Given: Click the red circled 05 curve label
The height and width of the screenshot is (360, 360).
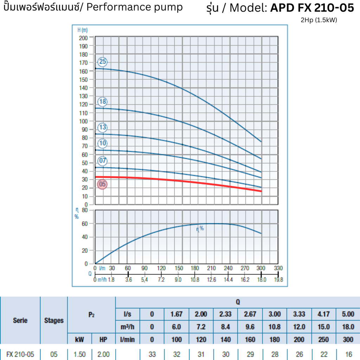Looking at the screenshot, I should coord(102,184).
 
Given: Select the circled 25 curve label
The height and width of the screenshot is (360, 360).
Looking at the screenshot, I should coord(102,62).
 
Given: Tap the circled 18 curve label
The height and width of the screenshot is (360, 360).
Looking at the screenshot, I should coord(102,102).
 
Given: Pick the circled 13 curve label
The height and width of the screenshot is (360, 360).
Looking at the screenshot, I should coord(102,127).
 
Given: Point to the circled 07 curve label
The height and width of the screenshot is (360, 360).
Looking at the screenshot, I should coord(102,161).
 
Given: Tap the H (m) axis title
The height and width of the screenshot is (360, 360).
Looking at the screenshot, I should coord(82,30).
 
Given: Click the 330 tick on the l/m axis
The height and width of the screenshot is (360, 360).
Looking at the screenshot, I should coord(278,268).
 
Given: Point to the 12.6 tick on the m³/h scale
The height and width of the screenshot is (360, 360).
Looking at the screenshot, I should coord(211,280).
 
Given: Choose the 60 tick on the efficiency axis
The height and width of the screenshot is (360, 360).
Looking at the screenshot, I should coord(85,224).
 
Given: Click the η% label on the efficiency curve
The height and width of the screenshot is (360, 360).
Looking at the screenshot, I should coord(200,229).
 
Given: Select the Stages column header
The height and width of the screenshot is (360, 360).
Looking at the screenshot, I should coord(54,320).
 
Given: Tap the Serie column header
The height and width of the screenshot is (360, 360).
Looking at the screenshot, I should coord(20,320).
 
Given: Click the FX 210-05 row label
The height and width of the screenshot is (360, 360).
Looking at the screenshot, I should coord(20,354).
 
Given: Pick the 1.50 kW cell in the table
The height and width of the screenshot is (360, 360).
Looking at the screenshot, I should coord(79,354).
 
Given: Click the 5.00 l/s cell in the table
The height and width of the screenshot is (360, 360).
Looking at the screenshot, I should coord(348,314).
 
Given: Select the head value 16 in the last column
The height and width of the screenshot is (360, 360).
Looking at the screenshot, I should coord(348,354).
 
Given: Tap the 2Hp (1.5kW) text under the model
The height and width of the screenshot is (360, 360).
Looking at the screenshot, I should coord(319,20).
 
